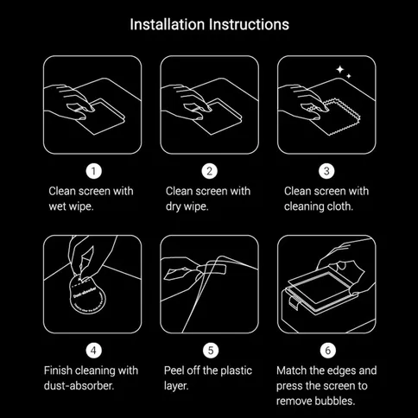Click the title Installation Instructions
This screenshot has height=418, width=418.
tap(209, 23)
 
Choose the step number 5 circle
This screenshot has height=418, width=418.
tap(209, 350)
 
